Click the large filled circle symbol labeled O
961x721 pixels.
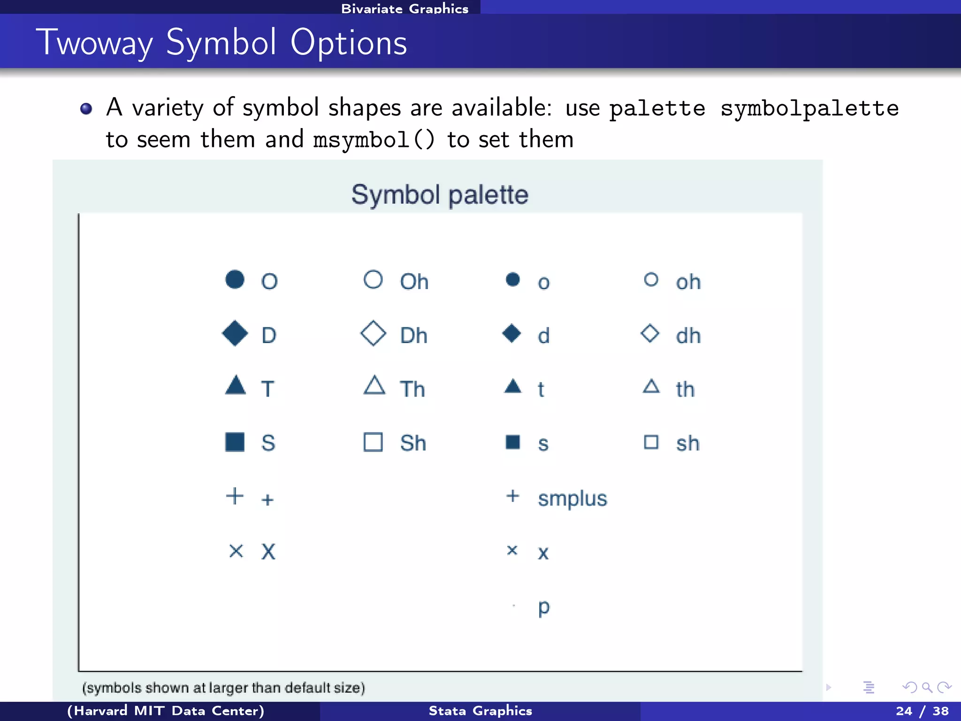tap(235, 280)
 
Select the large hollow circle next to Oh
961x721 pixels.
tap(373, 280)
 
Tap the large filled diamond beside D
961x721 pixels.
tap(235, 334)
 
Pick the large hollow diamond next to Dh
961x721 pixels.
tap(373, 334)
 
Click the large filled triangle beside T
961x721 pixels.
tap(235, 386)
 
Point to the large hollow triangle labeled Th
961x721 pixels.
tap(374, 386)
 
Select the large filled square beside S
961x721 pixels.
tap(235, 442)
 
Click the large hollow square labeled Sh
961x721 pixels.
tap(373, 442)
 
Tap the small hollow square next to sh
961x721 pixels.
tap(651, 442)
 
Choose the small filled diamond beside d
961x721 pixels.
tap(511, 334)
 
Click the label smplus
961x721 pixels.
tap(572, 499)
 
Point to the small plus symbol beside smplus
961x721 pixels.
tap(512, 496)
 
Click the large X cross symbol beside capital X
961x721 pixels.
tap(236, 551)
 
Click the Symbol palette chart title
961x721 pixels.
tap(440, 195)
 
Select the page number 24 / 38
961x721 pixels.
tap(922, 711)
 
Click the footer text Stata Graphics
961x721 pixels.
tap(480, 711)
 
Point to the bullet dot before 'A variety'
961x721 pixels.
tap(86, 109)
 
